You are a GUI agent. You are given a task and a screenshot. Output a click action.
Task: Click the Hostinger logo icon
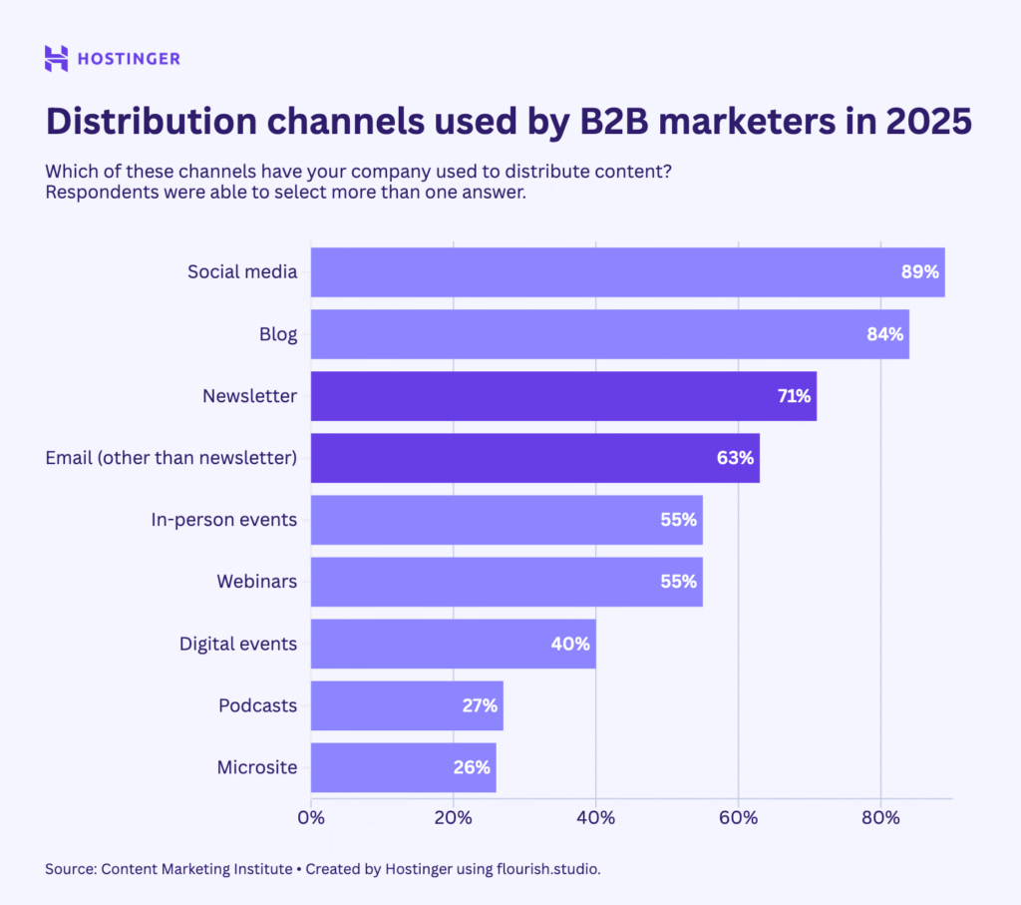click(x=57, y=58)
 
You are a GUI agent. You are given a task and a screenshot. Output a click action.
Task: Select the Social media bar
click(x=598, y=272)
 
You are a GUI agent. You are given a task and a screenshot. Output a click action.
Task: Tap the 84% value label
click(x=884, y=334)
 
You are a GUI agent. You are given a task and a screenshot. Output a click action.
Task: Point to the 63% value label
click(x=736, y=458)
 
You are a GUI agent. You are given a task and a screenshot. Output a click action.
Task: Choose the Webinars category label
click(x=256, y=581)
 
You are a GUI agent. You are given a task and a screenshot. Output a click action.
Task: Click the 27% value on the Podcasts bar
click(x=480, y=705)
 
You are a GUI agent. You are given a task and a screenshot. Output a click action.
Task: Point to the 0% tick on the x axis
click(x=311, y=818)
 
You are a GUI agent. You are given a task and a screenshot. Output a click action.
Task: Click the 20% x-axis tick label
click(x=454, y=818)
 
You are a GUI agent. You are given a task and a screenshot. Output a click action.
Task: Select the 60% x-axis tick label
click(x=738, y=818)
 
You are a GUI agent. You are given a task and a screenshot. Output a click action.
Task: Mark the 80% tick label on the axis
click(x=880, y=818)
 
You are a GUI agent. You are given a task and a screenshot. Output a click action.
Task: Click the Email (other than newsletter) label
click(x=171, y=458)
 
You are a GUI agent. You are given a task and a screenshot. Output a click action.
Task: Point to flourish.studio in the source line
click(x=547, y=869)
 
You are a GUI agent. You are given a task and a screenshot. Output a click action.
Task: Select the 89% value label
click(x=920, y=272)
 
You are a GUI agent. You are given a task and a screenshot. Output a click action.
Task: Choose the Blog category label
click(x=278, y=334)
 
